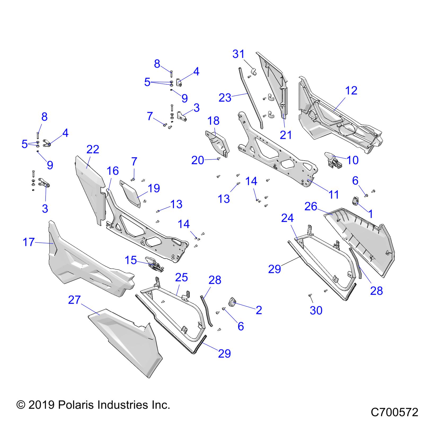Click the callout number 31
tap(238, 54)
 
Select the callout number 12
tap(351, 91)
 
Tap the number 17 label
tap(29, 242)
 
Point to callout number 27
tap(74, 300)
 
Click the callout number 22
tap(92, 150)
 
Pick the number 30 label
tap(316, 310)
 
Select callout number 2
tap(259, 310)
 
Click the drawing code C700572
tap(394, 413)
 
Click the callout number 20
tap(197, 160)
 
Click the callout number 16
tap(113, 171)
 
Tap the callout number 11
tap(333, 195)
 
